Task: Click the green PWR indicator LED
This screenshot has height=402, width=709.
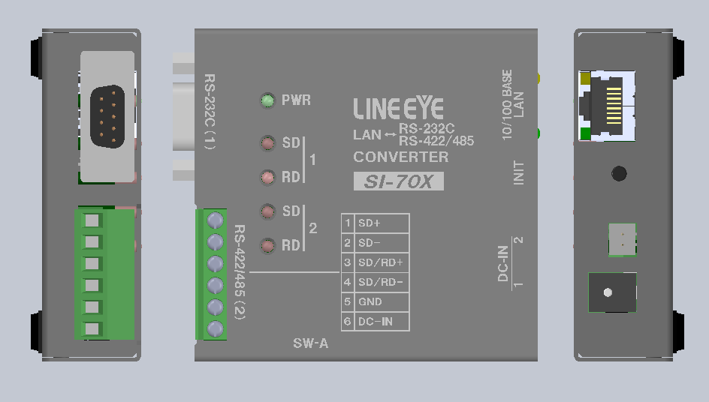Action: tap(267, 100)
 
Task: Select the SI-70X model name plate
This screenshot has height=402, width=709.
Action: tap(398, 181)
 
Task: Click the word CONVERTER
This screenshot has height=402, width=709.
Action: tap(400, 157)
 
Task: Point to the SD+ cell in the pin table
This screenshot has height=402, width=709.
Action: tap(382, 223)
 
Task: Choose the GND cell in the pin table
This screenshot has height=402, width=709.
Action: tap(382, 302)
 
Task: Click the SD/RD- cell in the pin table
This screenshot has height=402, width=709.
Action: tap(382, 283)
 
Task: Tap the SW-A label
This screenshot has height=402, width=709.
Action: tap(310, 344)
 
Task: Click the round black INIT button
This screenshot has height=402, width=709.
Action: tap(619, 174)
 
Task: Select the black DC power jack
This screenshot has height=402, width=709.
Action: tap(611, 292)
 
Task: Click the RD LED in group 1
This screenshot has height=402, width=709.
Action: tap(267, 178)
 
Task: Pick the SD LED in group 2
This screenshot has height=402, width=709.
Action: tap(267, 211)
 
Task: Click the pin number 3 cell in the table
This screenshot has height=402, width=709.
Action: tap(347, 263)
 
